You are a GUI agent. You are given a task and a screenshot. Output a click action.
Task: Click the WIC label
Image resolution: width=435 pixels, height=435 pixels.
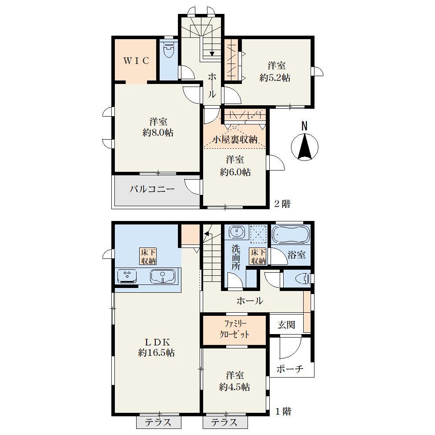click(x=136, y=60)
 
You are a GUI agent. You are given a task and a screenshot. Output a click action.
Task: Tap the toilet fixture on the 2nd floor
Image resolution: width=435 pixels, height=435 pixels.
click(x=168, y=50)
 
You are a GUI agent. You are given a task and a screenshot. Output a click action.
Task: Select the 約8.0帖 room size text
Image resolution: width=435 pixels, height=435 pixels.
click(x=158, y=133)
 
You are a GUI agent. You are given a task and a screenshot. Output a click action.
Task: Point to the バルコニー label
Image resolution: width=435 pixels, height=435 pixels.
click(x=152, y=189)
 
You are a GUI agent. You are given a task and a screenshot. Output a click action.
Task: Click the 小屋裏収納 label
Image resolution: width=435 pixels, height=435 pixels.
click(x=235, y=140)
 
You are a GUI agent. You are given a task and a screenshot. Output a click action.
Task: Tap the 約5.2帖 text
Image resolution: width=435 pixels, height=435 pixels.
click(x=275, y=78)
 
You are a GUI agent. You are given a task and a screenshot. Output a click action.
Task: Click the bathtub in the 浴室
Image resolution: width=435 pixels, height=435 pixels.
click(x=291, y=235)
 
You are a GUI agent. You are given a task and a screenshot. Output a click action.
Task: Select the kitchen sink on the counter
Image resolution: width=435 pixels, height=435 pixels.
click(x=163, y=276)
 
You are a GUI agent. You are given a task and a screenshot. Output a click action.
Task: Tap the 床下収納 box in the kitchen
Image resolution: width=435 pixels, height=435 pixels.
click(x=148, y=256)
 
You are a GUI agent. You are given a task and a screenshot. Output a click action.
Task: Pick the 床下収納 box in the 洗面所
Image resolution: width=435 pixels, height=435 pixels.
click(x=258, y=256)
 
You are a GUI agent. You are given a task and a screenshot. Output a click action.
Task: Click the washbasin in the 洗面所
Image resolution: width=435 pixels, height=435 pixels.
click(x=237, y=232)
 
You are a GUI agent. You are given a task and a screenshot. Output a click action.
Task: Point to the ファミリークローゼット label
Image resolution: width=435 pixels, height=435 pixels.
click(x=234, y=329)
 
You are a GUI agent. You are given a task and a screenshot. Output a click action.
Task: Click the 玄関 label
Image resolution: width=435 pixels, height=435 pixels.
click(x=286, y=325)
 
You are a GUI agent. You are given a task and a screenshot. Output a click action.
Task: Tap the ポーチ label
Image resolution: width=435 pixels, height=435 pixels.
click(x=290, y=369)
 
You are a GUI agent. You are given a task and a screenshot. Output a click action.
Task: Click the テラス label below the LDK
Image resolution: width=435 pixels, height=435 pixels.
click(x=158, y=422)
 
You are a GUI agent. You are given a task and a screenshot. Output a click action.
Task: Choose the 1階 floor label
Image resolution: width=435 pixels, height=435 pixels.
click(x=283, y=412)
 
